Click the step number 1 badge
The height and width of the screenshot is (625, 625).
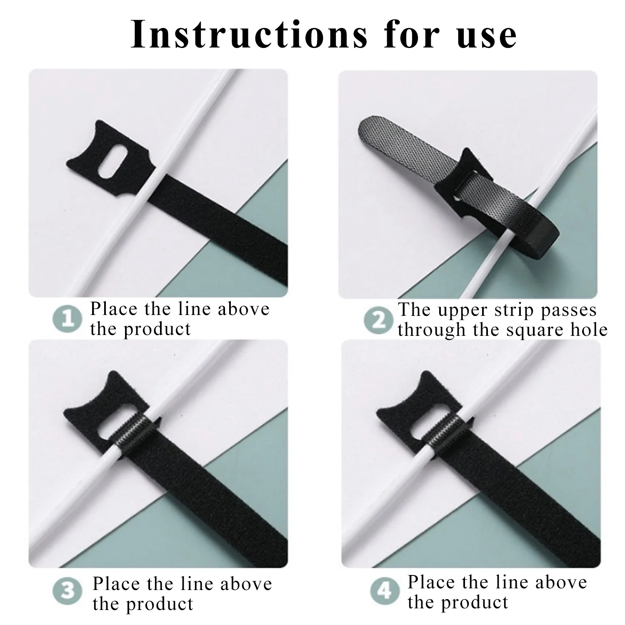pyautogui.click(x=67, y=320)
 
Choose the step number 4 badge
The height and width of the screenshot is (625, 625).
pyautogui.click(x=385, y=591)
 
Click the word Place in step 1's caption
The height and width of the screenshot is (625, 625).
pyautogui.click(x=114, y=309)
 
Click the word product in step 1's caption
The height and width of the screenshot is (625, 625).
pyautogui.click(x=158, y=329)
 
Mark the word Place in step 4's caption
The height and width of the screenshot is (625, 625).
pyautogui.click(x=431, y=582)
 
